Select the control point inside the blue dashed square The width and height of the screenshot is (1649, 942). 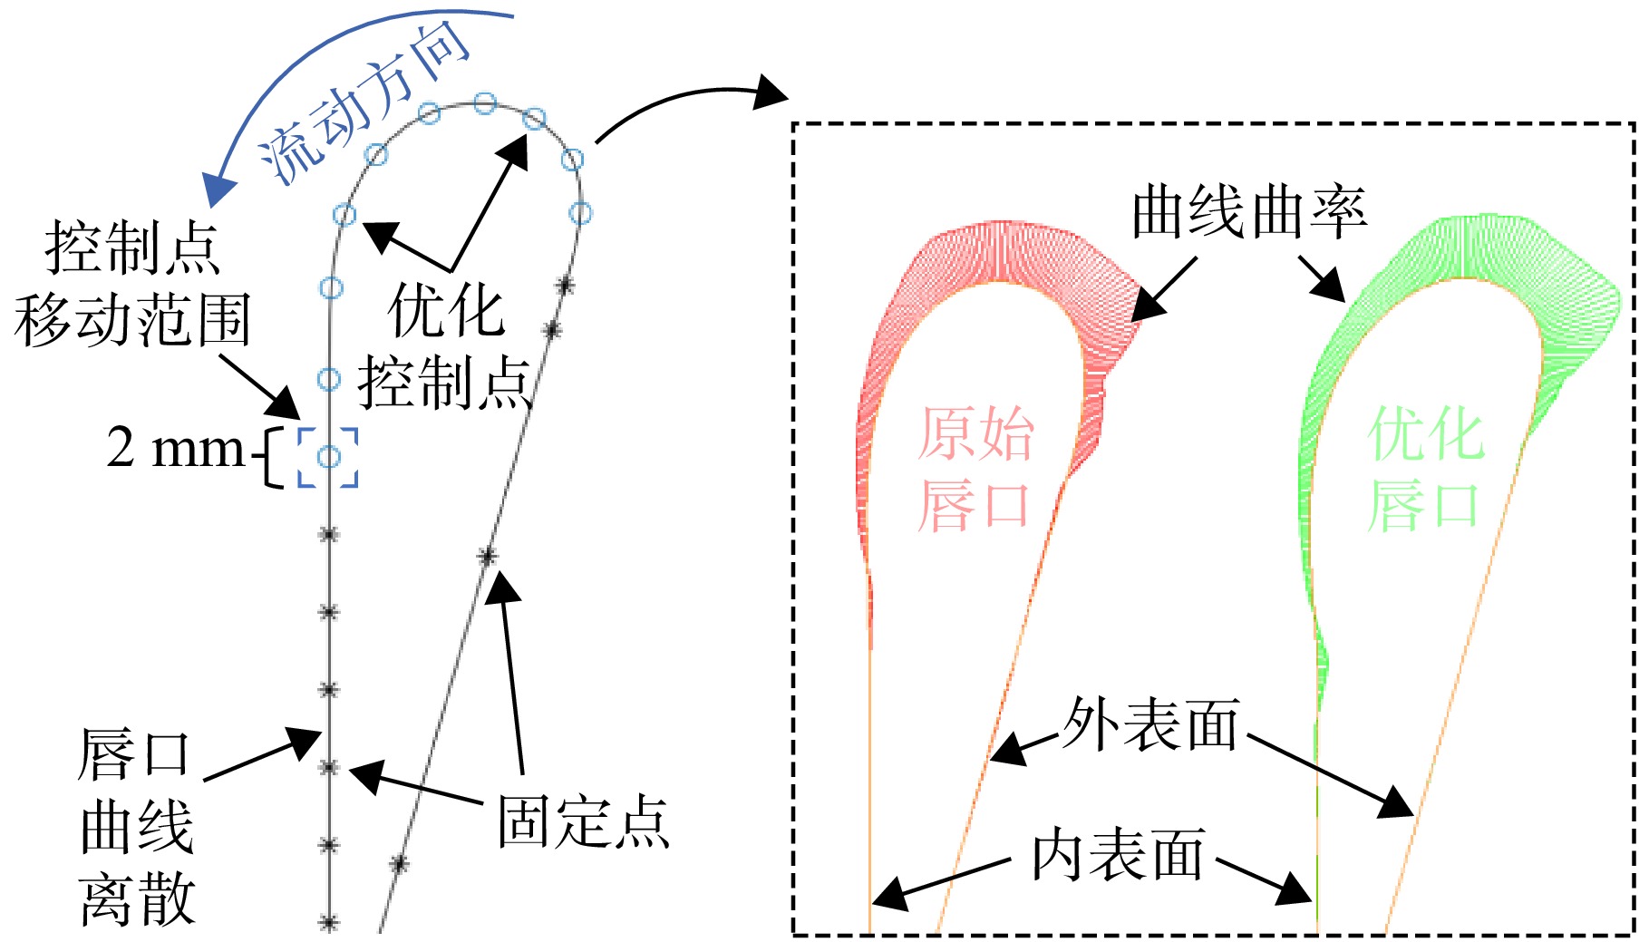pos(329,456)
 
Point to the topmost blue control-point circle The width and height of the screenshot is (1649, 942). pos(485,102)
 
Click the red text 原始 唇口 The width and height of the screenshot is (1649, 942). pos(975,469)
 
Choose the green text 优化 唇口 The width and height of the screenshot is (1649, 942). pos(1424,469)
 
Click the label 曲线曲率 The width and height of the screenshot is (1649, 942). pos(1250,213)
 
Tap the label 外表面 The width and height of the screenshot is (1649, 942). pos(1150,725)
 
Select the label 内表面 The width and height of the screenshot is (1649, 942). pos(1119,855)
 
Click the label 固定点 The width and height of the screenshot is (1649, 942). pos(584,822)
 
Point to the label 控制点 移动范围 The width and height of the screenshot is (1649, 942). pos(132,284)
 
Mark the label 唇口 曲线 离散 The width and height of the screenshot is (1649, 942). pos(136,827)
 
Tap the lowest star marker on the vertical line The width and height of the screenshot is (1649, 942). pos(329,923)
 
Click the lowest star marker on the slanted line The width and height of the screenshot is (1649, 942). pos(399,863)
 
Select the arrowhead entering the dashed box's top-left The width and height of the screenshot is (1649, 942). pos(771,92)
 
